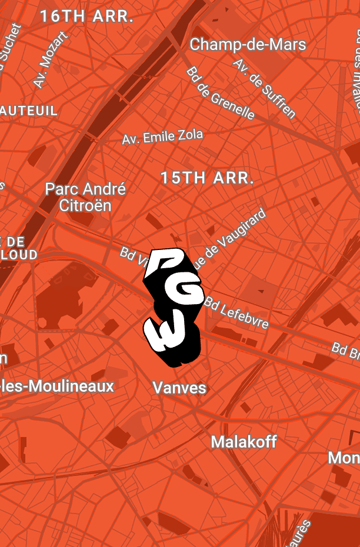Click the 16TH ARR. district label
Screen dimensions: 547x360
point(86,17)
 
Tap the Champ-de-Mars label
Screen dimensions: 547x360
point(248,45)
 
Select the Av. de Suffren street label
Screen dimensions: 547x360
point(264,88)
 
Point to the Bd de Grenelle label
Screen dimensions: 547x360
point(221,93)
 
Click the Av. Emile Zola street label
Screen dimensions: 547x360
point(162,137)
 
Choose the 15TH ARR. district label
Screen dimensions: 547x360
point(207,178)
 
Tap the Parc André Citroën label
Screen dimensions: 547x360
point(86,197)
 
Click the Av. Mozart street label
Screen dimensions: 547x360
point(51,60)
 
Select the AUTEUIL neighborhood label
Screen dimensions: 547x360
point(29,111)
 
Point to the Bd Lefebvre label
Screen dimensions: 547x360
point(237,312)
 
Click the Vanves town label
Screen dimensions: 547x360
point(179,388)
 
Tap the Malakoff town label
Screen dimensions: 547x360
point(244,442)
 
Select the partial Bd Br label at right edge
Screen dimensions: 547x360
point(345,351)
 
